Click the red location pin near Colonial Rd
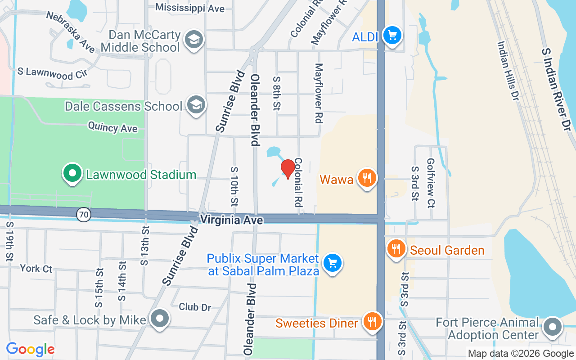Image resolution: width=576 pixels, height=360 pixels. (288, 169)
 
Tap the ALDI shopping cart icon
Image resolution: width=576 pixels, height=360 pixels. (391, 35)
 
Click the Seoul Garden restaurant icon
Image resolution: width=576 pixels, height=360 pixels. (396, 248)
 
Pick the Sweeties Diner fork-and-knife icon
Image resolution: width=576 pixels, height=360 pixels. (372, 321)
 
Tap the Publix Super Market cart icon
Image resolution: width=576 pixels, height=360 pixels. (333, 262)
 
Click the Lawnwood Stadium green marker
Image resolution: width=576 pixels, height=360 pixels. (72, 173)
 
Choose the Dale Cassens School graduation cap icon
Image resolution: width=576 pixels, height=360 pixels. (196, 105)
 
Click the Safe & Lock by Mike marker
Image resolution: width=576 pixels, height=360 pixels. (159, 319)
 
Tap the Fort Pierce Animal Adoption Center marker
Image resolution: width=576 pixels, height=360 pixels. (552, 328)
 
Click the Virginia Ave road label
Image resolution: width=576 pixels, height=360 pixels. (231, 220)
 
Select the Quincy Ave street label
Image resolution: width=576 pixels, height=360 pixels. (112, 127)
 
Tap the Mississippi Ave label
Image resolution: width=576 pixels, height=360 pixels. (189, 8)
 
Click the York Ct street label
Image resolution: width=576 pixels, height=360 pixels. (36, 269)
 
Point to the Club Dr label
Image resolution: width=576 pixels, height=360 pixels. (195, 307)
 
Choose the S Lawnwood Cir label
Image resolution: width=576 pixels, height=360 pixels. (52, 73)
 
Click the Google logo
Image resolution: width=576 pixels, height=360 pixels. (30, 349)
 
